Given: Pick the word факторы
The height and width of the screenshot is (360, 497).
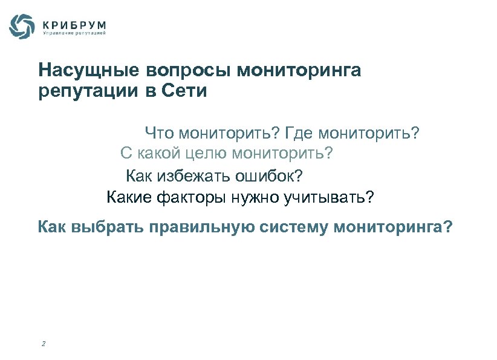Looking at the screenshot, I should click(x=183, y=197).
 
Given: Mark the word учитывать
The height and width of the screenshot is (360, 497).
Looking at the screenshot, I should click(x=327, y=197).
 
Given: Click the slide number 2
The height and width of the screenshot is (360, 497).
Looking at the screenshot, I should click(x=44, y=344).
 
